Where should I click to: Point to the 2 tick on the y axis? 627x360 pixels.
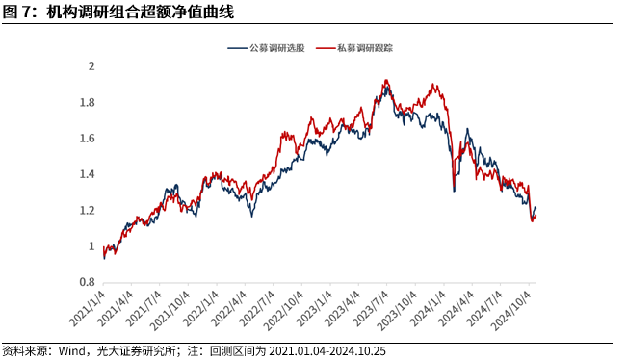point(91,66)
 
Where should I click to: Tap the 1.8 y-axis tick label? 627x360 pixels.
point(88,103)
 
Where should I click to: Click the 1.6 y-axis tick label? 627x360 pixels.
point(88,139)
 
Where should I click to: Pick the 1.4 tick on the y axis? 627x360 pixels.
point(88,174)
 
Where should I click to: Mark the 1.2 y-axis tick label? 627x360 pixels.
point(88,211)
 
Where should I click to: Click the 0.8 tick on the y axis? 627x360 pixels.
point(88,283)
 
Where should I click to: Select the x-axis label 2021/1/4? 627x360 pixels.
point(90,306)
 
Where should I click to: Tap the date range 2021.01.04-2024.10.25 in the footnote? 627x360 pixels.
point(343,350)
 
